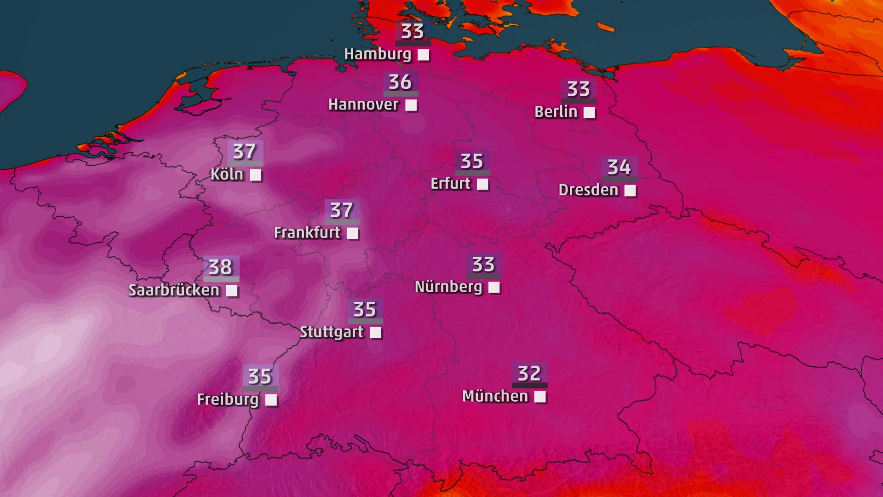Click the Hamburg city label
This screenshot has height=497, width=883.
point(378,54)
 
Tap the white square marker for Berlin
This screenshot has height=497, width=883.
point(589,112)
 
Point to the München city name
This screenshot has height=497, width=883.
point(495,396)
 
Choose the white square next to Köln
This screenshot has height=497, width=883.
point(256,175)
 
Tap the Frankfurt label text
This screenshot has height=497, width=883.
point(307,233)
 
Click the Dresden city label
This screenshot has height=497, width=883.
point(588,190)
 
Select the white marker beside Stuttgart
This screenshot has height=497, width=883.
point(376,332)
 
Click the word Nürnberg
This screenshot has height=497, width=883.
point(448,287)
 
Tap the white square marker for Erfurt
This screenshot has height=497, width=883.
point(482,184)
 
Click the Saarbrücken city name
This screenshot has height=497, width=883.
point(174,290)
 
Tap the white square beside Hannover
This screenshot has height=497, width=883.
point(411,105)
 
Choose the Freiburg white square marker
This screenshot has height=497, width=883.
point(271,400)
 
